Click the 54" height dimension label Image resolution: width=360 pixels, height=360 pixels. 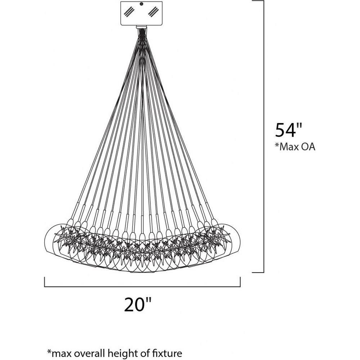(x=288, y=130)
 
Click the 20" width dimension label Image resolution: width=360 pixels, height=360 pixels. (x=138, y=305)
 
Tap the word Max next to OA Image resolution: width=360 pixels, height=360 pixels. (x=288, y=147)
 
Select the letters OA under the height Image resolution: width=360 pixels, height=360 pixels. (x=307, y=147)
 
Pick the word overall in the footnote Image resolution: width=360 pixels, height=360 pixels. (x=92, y=353)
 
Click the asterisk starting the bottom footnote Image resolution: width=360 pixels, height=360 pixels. (x=49, y=351)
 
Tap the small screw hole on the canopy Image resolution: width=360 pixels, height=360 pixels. (x=141, y=4)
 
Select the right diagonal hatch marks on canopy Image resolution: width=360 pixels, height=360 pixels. (x=153, y=12)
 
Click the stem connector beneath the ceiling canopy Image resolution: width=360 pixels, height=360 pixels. (x=141, y=27)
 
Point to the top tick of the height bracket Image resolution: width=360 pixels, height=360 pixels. (x=258, y=1)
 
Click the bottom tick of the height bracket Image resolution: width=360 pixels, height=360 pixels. (x=258, y=273)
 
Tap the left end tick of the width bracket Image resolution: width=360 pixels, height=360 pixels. (x=45, y=282)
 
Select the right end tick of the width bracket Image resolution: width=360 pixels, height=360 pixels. (x=240, y=282)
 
